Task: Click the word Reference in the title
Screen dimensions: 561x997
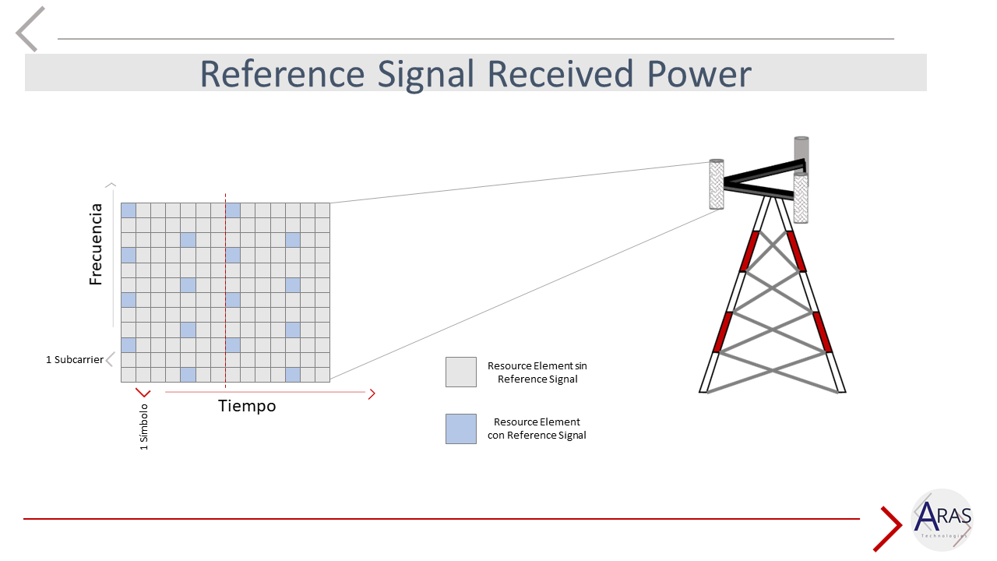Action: [282, 73]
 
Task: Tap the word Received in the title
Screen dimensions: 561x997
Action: [560, 73]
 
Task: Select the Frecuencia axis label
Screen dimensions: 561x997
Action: [96, 245]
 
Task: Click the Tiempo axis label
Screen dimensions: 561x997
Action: [247, 406]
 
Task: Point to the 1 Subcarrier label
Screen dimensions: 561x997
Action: [75, 360]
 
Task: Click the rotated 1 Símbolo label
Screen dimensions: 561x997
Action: [143, 428]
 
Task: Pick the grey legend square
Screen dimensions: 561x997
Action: [460, 372]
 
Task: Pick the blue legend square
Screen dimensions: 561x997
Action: [460, 429]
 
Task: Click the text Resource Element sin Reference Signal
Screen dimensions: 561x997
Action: [537, 372]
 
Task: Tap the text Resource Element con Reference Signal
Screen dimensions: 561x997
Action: [537, 429]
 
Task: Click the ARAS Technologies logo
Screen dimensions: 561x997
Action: [942, 520]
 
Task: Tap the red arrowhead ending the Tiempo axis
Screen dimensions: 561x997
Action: [372, 393]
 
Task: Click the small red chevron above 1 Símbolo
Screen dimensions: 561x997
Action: [143, 393]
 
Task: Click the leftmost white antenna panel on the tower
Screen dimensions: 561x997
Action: [717, 185]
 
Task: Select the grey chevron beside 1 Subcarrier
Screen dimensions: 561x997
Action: [110, 359]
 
